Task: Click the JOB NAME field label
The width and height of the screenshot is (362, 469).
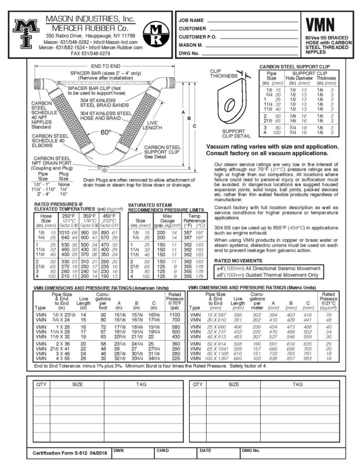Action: [x=191, y=20]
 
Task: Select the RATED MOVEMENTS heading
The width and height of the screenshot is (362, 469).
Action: [x=237, y=260]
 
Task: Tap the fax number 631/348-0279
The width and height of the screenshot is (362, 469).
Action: [x=90, y=52]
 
